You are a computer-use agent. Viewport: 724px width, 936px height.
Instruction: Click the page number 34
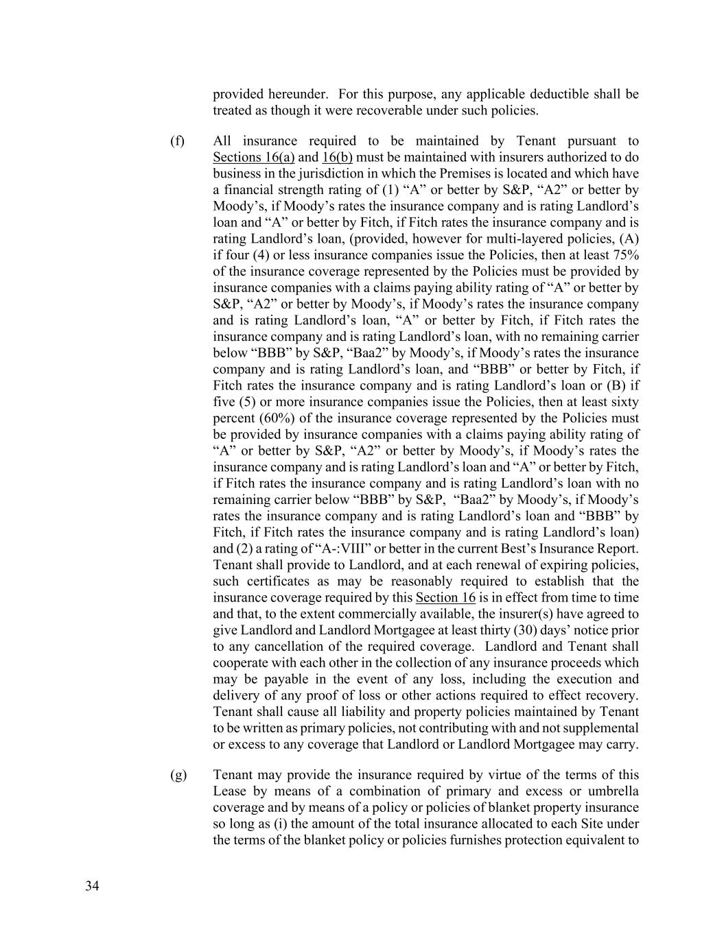(x=92, y=886)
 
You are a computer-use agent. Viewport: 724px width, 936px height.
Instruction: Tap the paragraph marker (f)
(x=177, y=141)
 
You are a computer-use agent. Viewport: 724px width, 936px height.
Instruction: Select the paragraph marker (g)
(x=178, y=775)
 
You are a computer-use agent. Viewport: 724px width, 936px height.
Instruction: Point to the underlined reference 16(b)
(x=337, y=158)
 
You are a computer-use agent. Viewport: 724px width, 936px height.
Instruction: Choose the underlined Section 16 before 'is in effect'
(x=445, y=597)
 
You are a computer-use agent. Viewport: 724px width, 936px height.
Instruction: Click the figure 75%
(x=625, y=255)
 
